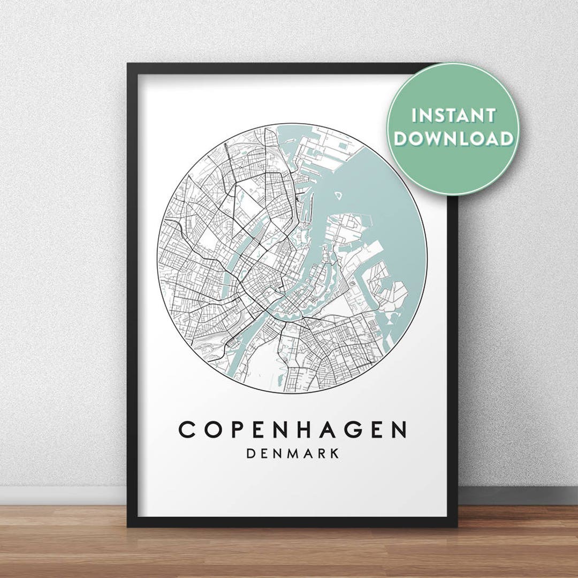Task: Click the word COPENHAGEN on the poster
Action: pyautogui.click(x=292, y=430)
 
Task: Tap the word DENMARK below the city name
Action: pyautogui.click(x=292, y=453)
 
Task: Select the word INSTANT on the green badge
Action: pyautogui.click(x=453, y=116)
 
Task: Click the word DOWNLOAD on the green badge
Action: pyautogui.click(x=453, y=139)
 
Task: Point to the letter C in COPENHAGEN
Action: pyautogui.click(x=187, y=430)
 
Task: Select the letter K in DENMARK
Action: pyautogui.click(x=334, y=453)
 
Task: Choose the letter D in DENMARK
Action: pyautogui.click(x=250, y=453)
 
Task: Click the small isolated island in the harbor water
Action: pyautogui.click(x=339, y=195)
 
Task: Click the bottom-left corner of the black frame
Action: pyautogui.click(x=129, y=525)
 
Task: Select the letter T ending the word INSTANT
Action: pyautogui.click(x=489, y=116)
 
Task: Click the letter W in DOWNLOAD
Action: pyautogui.click(x=435, y=139)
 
